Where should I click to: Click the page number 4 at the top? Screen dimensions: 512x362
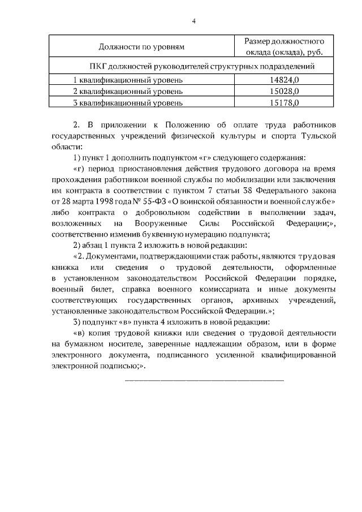click(193, 21)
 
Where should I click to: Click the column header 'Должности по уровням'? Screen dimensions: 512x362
click(141, 47)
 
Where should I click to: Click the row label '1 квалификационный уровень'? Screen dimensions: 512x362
click(128, 80)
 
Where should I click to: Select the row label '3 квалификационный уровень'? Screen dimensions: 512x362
click(128, 102)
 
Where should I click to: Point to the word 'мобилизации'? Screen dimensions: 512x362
click(241, 180)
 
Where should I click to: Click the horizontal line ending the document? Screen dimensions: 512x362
click(204, 380)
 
